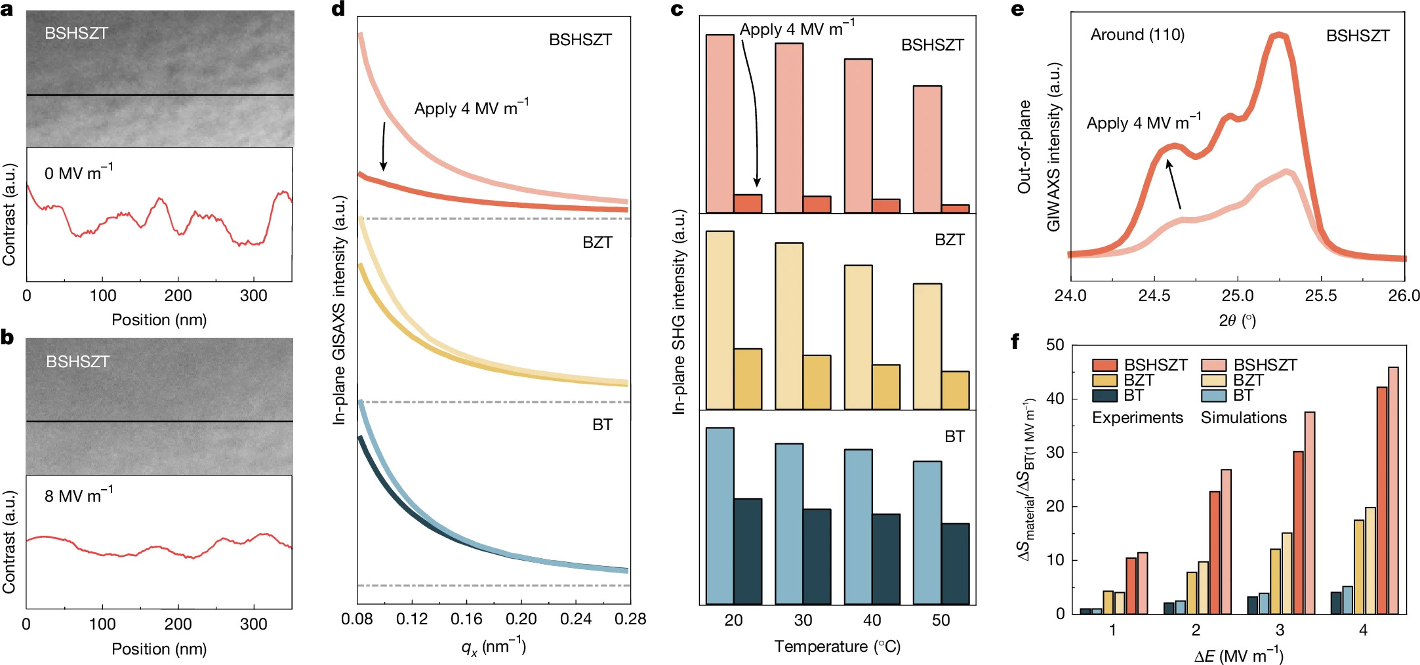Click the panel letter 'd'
(x=338, y=10)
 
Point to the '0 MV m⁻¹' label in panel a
(x=78, y=173)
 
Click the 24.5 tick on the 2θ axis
(x=1154, y=296)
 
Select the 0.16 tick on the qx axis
(x=466, y=619)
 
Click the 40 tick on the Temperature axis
(x=872, y=620)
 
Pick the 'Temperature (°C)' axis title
(x=837, y=647)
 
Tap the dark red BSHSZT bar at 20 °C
(x=748, y=203)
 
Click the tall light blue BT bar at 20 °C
(x=720, y=515)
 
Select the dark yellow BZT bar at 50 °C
(x=955, y=390)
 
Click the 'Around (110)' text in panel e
(x=1137, y=35)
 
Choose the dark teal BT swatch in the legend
(x=1105, y=395)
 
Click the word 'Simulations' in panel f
(x=1244, y=418)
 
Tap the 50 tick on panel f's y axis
(x=1055, y=345)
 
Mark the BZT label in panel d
(x=597, y=243)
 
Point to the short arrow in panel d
(x=384, y=146)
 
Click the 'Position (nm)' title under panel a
(x=159, y=320)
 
